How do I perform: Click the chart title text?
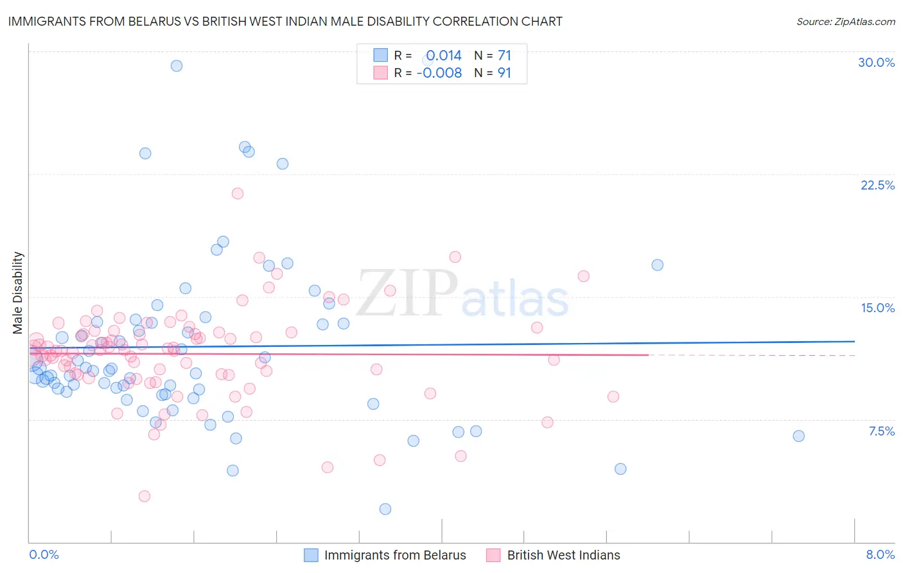285,22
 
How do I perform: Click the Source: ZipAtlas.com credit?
845,22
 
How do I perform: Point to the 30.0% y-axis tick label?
876,62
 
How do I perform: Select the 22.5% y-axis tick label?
877,185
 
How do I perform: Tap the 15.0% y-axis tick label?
877,308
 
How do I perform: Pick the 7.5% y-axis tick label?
881,431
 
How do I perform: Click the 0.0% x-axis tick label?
44,554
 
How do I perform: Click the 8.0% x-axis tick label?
880,554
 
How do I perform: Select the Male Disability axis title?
17,292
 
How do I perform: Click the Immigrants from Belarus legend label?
395,555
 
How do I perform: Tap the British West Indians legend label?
563,555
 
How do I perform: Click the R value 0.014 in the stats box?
444,56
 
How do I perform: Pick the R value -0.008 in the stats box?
439,73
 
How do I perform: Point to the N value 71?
504,56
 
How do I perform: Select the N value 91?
504,73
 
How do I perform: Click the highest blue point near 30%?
177,66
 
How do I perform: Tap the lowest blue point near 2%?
385,509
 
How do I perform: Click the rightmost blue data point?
798,436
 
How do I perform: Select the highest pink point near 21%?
238,193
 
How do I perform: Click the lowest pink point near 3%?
145,497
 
